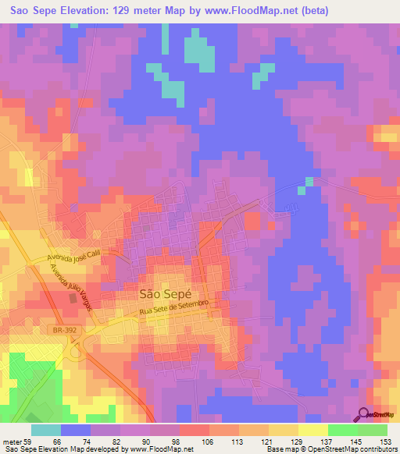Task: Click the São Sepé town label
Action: [165, 295]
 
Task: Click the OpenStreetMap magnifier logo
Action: [363, 413]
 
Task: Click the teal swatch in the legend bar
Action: [45, 430]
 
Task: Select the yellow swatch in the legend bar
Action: [312, 430]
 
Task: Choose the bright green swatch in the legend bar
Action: [342, 430]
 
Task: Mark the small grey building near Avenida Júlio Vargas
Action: [73, 297]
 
